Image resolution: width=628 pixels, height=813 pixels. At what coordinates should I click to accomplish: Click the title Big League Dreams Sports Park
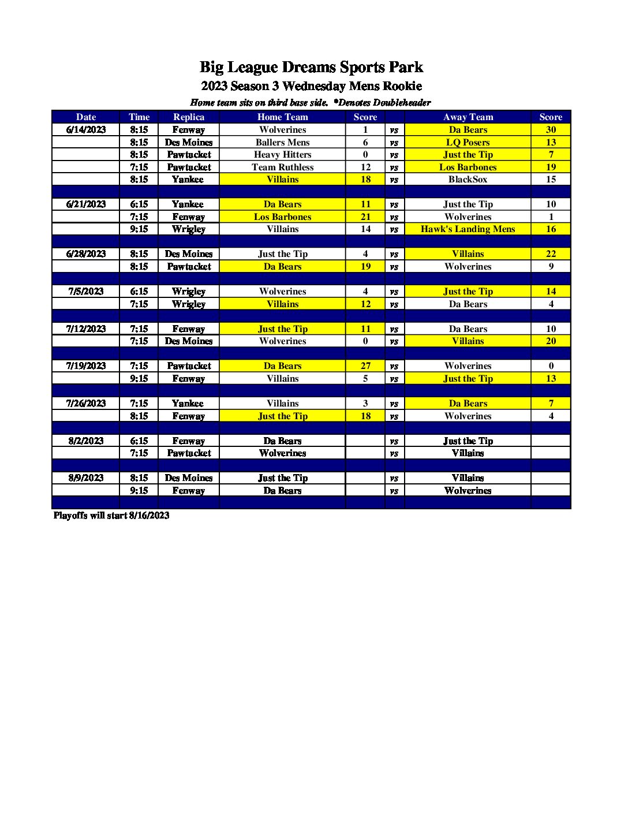click(311, 68)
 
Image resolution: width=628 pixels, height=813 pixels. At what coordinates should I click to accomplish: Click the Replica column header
click(189, 117)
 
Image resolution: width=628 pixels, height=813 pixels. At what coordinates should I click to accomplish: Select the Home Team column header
click(282, 117)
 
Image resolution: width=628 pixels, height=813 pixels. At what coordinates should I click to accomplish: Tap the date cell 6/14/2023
click(86, 130)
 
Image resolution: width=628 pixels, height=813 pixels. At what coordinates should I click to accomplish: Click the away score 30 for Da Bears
click(551, 130)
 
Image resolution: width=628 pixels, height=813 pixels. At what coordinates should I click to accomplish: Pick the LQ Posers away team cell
click(468, 142)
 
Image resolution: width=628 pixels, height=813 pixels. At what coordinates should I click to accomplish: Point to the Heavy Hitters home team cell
click(282, 155)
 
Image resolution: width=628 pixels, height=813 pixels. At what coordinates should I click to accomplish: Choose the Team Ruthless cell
click(282, 167)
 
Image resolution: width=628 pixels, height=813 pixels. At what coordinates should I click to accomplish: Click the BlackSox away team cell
click(468, 180)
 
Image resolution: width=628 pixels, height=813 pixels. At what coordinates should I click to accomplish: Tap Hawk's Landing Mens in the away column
click(468, 229)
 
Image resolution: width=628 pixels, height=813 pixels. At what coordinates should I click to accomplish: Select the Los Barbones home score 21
click(365, 217)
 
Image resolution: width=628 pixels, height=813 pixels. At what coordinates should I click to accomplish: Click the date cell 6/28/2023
click(86, 254)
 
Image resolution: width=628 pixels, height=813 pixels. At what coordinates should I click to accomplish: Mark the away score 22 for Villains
click(551, 254)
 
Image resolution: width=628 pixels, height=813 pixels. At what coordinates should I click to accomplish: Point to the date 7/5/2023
click(86, 292)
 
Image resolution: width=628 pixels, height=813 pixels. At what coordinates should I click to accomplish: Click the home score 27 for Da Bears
click(365, 366)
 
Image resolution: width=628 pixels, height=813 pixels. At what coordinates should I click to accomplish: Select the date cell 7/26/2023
click(86, 404)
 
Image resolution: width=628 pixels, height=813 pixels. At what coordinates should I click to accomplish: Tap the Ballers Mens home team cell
click(282, 142)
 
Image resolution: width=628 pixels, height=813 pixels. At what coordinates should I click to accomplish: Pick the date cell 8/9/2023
click(86, 478)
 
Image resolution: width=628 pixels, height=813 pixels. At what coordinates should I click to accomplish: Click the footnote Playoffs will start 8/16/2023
click(111, 516)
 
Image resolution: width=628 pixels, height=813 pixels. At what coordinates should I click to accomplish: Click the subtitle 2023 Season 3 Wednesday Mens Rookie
click(311, 87)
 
